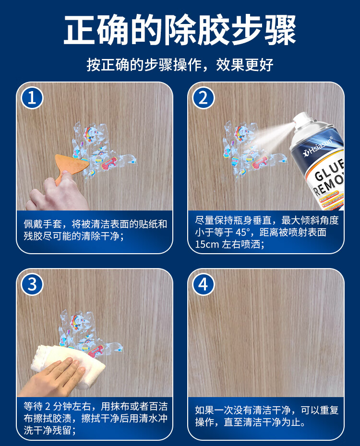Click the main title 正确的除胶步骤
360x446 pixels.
pos(180,30)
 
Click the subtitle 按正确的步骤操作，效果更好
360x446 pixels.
pos(180,65)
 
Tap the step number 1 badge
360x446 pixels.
pos(32,98)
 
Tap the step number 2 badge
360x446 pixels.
pos(203,98)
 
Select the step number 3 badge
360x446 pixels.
pos(32,284)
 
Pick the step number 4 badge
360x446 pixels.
pos(203,284)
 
